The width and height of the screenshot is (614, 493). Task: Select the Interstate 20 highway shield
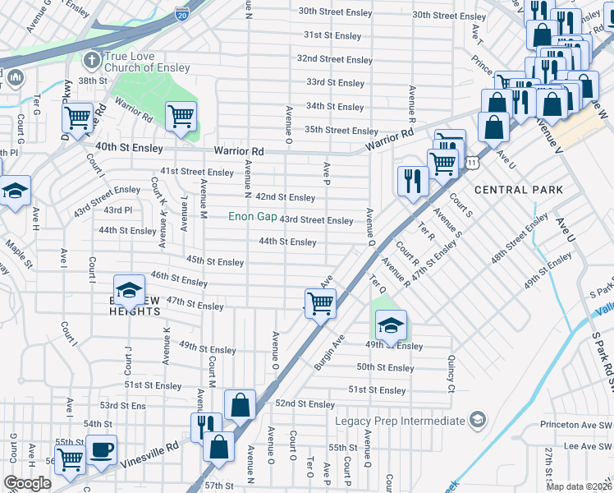click(181, 13)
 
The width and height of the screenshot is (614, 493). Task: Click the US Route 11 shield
click(471, 164)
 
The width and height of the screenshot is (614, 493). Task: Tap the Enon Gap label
click(252, 217)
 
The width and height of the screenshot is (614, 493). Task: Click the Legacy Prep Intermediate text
click(400, 421)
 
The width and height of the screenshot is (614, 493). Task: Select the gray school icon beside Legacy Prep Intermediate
click(476, 421)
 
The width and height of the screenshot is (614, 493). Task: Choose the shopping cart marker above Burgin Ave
click(320, 303)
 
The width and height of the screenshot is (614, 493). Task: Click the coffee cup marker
click(103, 449)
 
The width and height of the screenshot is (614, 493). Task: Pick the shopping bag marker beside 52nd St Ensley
click(239, 404)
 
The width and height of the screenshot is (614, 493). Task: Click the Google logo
click(28, 483)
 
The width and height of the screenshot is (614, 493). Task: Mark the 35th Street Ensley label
click(341, 130)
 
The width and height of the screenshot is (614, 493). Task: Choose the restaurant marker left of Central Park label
click(412, 180)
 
